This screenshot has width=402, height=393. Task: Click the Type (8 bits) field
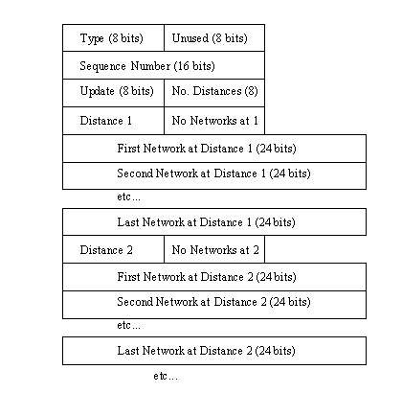(113, 37)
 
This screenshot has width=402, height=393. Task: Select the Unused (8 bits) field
(214, 37)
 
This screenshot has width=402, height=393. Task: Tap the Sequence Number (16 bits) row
(164, 65)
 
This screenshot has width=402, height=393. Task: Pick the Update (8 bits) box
(113, 93)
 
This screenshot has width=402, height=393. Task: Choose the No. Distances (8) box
(214, 93)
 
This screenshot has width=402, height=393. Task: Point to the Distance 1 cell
(113, 121)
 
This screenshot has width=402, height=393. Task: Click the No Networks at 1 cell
(214, 121)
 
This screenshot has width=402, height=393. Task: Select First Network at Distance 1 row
(214, 149)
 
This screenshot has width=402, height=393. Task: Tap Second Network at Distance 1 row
(214, 175)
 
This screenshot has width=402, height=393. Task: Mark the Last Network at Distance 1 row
(214, 222)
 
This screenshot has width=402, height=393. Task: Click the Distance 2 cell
(113, 249)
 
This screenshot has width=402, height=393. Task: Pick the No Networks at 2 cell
(214, 249)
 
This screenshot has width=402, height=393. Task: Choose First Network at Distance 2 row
(214, 277)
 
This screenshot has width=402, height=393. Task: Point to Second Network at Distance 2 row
(214, 305)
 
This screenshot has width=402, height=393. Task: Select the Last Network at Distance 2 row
(214, 351)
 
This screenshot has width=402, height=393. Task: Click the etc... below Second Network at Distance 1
(128, 196)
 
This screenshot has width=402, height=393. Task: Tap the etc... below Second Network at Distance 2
(128, 325)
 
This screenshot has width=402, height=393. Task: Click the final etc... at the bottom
(166, 376)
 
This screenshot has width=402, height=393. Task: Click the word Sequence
(102, 66)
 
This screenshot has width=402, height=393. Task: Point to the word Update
(97, 91)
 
